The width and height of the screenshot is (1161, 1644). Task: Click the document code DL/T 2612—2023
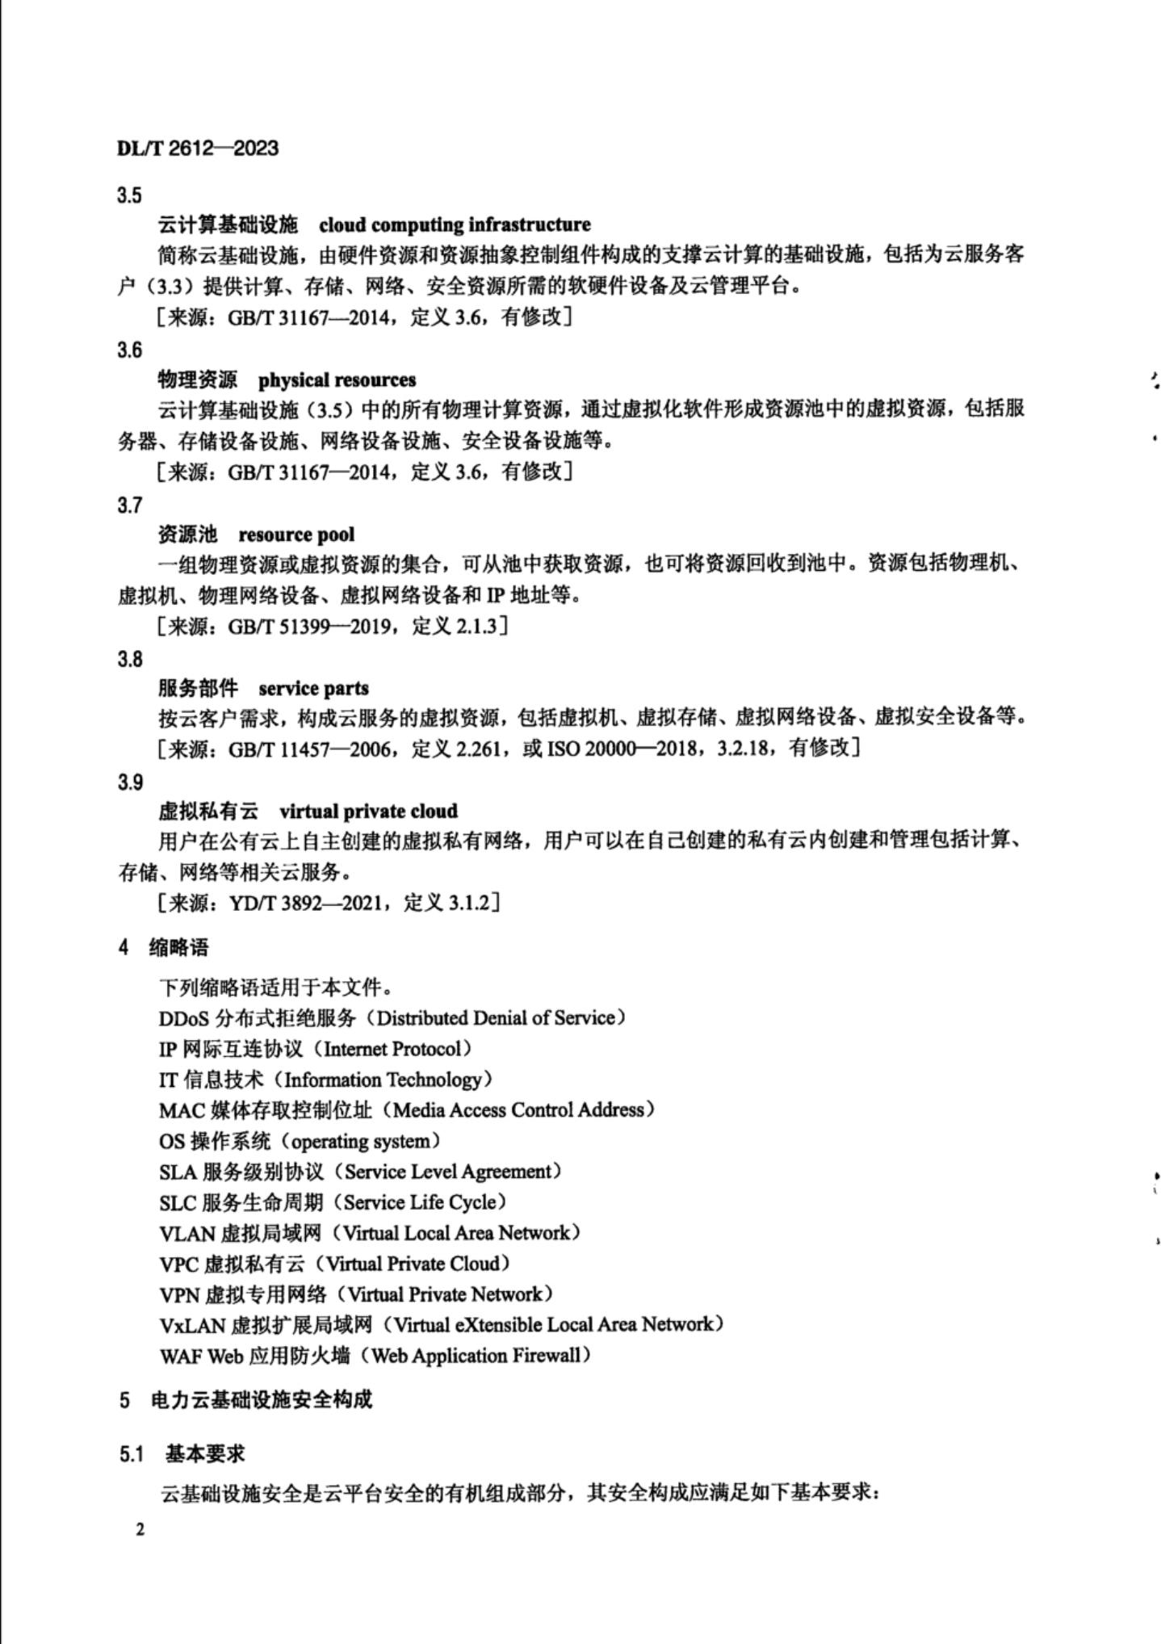pyautogui.click(x=198, y=148)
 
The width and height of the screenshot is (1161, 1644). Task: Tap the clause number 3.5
pyautogui.click(x=129, y=195)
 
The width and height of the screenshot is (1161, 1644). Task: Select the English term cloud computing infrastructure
pyautogui.click(x=455, y=224)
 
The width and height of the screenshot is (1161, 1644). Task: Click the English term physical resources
pyautogui.click(x=337, y=380)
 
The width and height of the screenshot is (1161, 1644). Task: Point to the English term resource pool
pyautogui.click(x=296, y=535)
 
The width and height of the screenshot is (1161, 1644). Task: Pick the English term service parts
pyautogui.click(x=313, y=689)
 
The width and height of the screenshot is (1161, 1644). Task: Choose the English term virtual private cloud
pyautogui.click(x=368, y=812)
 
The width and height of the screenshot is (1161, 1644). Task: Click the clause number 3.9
pyautogui.click(x=129, y=782)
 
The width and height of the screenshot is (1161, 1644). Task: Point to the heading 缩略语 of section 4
pyautogui.click(x=178, y=948)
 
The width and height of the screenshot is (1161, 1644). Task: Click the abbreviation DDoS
pyautogui.click(x=185, y=1018)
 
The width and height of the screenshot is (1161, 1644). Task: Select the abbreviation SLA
pyautogui.click(x=178, y=1172)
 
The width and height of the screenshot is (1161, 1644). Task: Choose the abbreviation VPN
pyautogui.click(x=178, y=1294)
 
